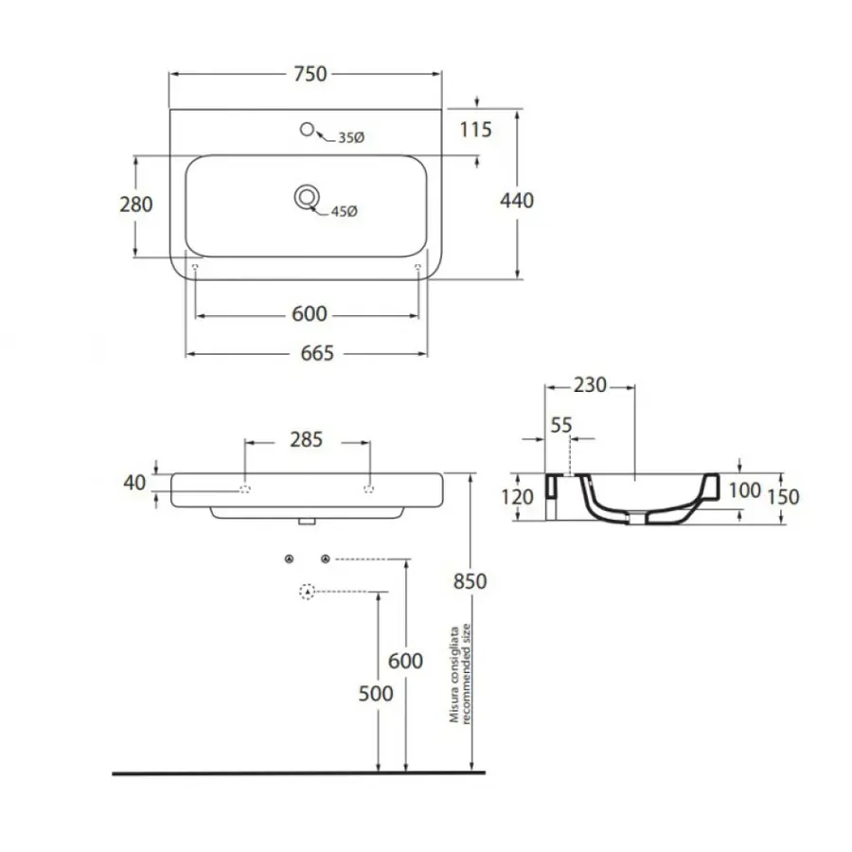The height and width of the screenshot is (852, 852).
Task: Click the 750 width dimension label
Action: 311,74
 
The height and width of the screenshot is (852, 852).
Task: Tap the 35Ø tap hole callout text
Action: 351,138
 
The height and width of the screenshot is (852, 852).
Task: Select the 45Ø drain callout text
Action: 344,211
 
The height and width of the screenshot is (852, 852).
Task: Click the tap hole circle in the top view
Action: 307,130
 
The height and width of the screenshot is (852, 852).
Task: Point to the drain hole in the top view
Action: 307,197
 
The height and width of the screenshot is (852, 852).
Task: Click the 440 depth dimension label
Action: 517,201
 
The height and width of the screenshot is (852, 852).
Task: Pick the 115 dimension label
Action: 475,130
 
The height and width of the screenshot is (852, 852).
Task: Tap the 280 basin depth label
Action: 135,204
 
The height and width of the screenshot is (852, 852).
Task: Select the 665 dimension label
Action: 317,353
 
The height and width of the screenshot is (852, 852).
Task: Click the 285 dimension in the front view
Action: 306,439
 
